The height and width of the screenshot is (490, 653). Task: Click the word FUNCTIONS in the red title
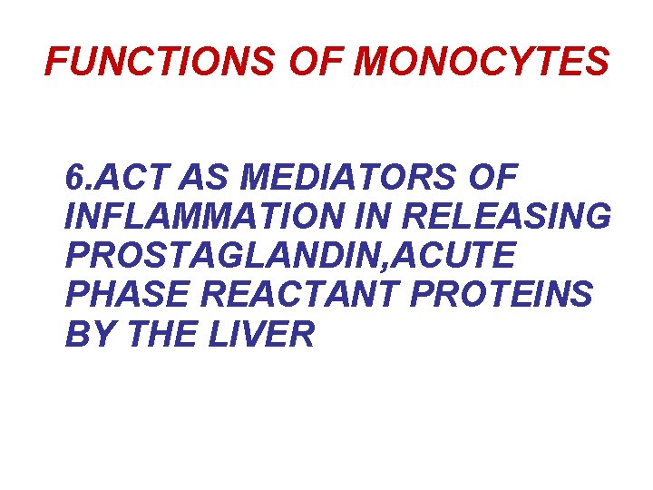157,63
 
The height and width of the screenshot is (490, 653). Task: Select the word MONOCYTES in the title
482,63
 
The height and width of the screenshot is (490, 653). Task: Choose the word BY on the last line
90,337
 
